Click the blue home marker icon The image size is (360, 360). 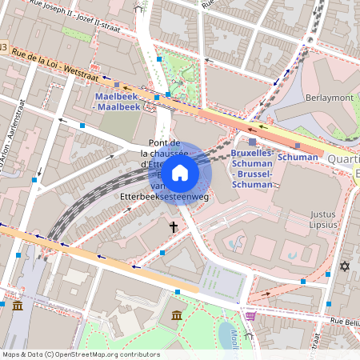[x=180, y=172]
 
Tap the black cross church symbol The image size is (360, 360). [x=173, y=227]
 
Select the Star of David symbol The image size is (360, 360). [x=346, y=266]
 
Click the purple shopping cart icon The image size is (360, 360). [x=250, y=316]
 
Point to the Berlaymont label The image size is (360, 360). [x=330, y=97]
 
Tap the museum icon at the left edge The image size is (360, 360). [x=18, y=306]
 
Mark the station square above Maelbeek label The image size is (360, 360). [x=118, y=84]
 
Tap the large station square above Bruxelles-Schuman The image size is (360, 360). [x=252, y=142]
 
